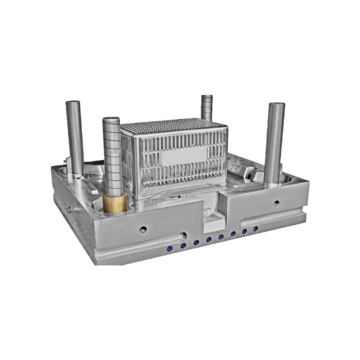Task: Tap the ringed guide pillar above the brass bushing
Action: coord(111,153)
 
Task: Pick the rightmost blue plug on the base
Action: coord(256,229)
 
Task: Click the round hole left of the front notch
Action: coord(143,229)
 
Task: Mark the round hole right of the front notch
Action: coord(276,203)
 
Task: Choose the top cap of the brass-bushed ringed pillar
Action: coord(111,120)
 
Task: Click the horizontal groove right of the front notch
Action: coord(270,218)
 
